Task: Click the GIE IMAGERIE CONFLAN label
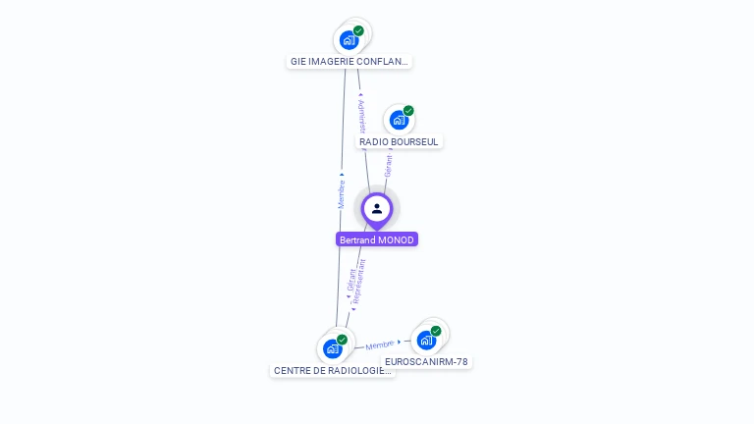(x=349, y=61)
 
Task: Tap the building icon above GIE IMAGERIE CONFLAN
(x=348, y=40)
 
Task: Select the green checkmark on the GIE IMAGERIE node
(x=358, y=31)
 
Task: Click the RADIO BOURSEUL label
(x=399, y=141)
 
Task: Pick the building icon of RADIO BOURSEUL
(x=398, y=120)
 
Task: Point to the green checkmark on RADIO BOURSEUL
(x=408, y=111)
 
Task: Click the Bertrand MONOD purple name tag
(x=377, y=239)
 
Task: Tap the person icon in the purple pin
(x=377, y=208)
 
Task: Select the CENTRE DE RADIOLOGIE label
(x=332, y=370)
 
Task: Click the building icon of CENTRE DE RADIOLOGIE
(x=332, y=348)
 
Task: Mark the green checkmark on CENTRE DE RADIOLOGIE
(x=342, y=340)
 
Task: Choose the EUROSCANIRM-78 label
(x=426, y=361)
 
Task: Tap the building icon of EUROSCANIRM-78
(x=425, y=340)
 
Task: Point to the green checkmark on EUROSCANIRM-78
(x=436, y=331)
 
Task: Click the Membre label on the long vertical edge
(x=342, y=192)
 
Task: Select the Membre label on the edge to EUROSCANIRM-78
(x=380, y=344)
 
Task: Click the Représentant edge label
(x=359, y=282)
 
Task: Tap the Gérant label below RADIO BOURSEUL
(x=388, y=166)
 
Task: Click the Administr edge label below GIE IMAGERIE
(x=361, y=115)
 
